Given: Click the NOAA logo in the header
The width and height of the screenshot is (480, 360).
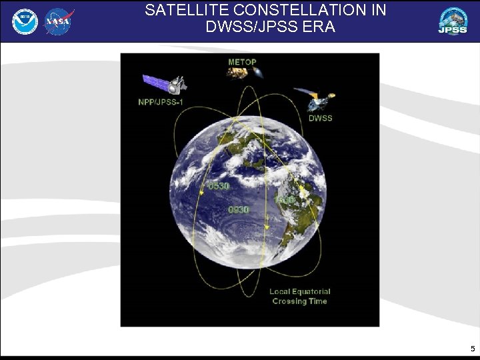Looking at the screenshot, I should point(25,21).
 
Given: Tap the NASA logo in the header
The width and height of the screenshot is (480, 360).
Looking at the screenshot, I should point(58,21).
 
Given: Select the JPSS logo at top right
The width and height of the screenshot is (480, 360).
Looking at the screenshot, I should point(453,21).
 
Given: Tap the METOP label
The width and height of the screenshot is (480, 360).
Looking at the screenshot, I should point(242,62).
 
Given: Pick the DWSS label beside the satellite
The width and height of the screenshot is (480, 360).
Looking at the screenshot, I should point(320,118).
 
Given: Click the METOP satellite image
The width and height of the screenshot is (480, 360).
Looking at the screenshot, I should point(241,73).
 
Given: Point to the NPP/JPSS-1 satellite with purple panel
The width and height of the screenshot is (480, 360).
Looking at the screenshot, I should point(165,84).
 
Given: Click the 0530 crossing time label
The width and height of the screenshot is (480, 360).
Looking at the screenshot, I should point(219,187).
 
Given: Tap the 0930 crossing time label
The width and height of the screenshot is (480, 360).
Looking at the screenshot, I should point(238,209).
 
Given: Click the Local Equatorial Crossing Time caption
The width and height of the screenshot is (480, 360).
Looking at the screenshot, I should point(299,296).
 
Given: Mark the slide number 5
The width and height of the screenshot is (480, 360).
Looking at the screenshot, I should point(473,349).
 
